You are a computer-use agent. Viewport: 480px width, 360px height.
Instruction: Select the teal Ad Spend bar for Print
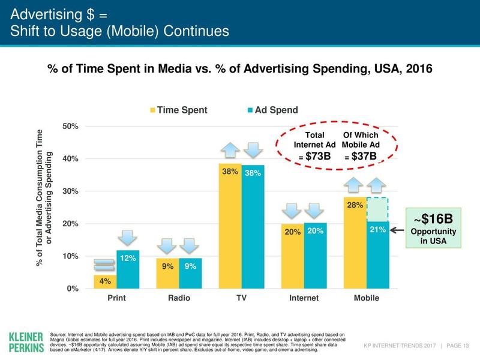point(128,270)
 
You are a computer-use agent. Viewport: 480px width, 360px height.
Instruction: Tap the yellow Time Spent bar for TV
point(230,228)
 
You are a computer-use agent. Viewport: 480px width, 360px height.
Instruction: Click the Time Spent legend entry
point(179,110)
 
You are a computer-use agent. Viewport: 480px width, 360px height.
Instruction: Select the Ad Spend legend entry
point(272,110)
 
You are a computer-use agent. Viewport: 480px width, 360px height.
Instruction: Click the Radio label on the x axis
point(178,298)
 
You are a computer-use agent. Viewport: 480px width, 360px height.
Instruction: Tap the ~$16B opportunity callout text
point(433,217)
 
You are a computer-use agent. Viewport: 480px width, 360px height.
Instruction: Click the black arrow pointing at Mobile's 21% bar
point(399,229)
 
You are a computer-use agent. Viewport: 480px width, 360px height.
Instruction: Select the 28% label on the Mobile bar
point(354,206)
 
